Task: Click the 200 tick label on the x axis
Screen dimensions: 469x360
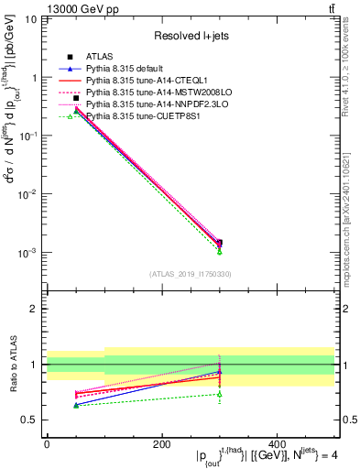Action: click(162, 443)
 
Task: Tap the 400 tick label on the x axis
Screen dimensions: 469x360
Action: click(277, 443)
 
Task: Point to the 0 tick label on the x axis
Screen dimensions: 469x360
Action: click(47, 443)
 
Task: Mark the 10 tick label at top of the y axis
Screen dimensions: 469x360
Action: click(30, 19)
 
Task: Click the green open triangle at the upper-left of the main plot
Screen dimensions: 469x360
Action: click(76, 116)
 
